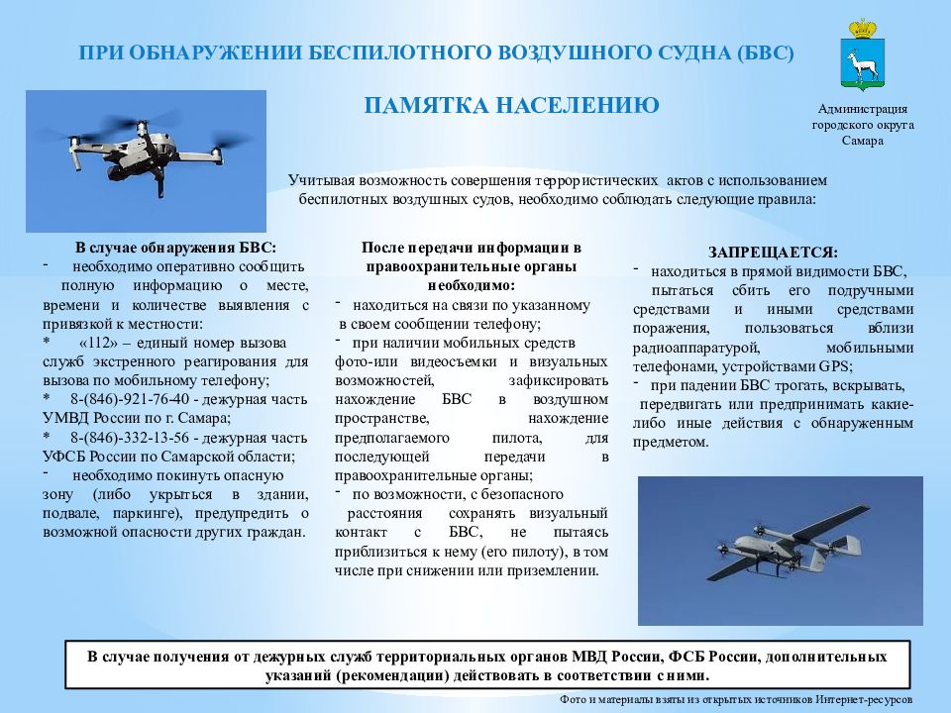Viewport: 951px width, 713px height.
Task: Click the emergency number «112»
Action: [92, 341]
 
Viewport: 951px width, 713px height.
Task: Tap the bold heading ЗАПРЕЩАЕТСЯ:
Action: [773, 253]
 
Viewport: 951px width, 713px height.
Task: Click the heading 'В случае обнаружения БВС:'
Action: [175, 248]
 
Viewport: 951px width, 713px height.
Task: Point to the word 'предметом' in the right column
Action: [673, 443]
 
